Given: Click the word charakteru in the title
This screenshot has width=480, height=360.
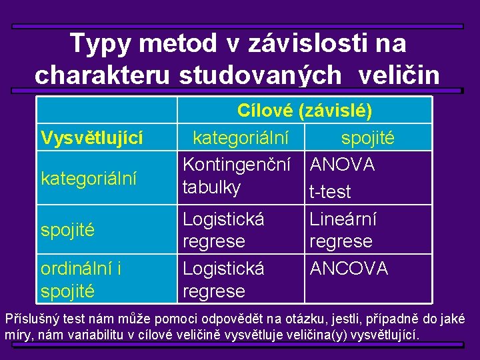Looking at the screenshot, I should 103,75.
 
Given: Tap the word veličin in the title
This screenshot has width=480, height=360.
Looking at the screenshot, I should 399,75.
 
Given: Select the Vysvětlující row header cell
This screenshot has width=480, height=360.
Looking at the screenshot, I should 92,138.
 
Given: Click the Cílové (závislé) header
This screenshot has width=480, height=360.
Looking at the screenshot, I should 305,110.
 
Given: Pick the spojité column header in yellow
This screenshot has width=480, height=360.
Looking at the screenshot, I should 367,138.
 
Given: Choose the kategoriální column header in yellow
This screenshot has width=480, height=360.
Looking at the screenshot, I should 241,138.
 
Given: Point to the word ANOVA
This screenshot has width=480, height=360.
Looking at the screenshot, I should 343,165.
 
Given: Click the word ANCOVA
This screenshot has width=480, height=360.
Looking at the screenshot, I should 349,269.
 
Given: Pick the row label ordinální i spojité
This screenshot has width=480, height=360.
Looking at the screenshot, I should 81,279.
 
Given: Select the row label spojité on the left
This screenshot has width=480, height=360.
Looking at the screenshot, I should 67,231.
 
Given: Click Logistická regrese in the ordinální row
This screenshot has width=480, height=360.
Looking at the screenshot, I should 223,279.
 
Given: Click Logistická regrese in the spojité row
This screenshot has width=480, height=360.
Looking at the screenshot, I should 223,229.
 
